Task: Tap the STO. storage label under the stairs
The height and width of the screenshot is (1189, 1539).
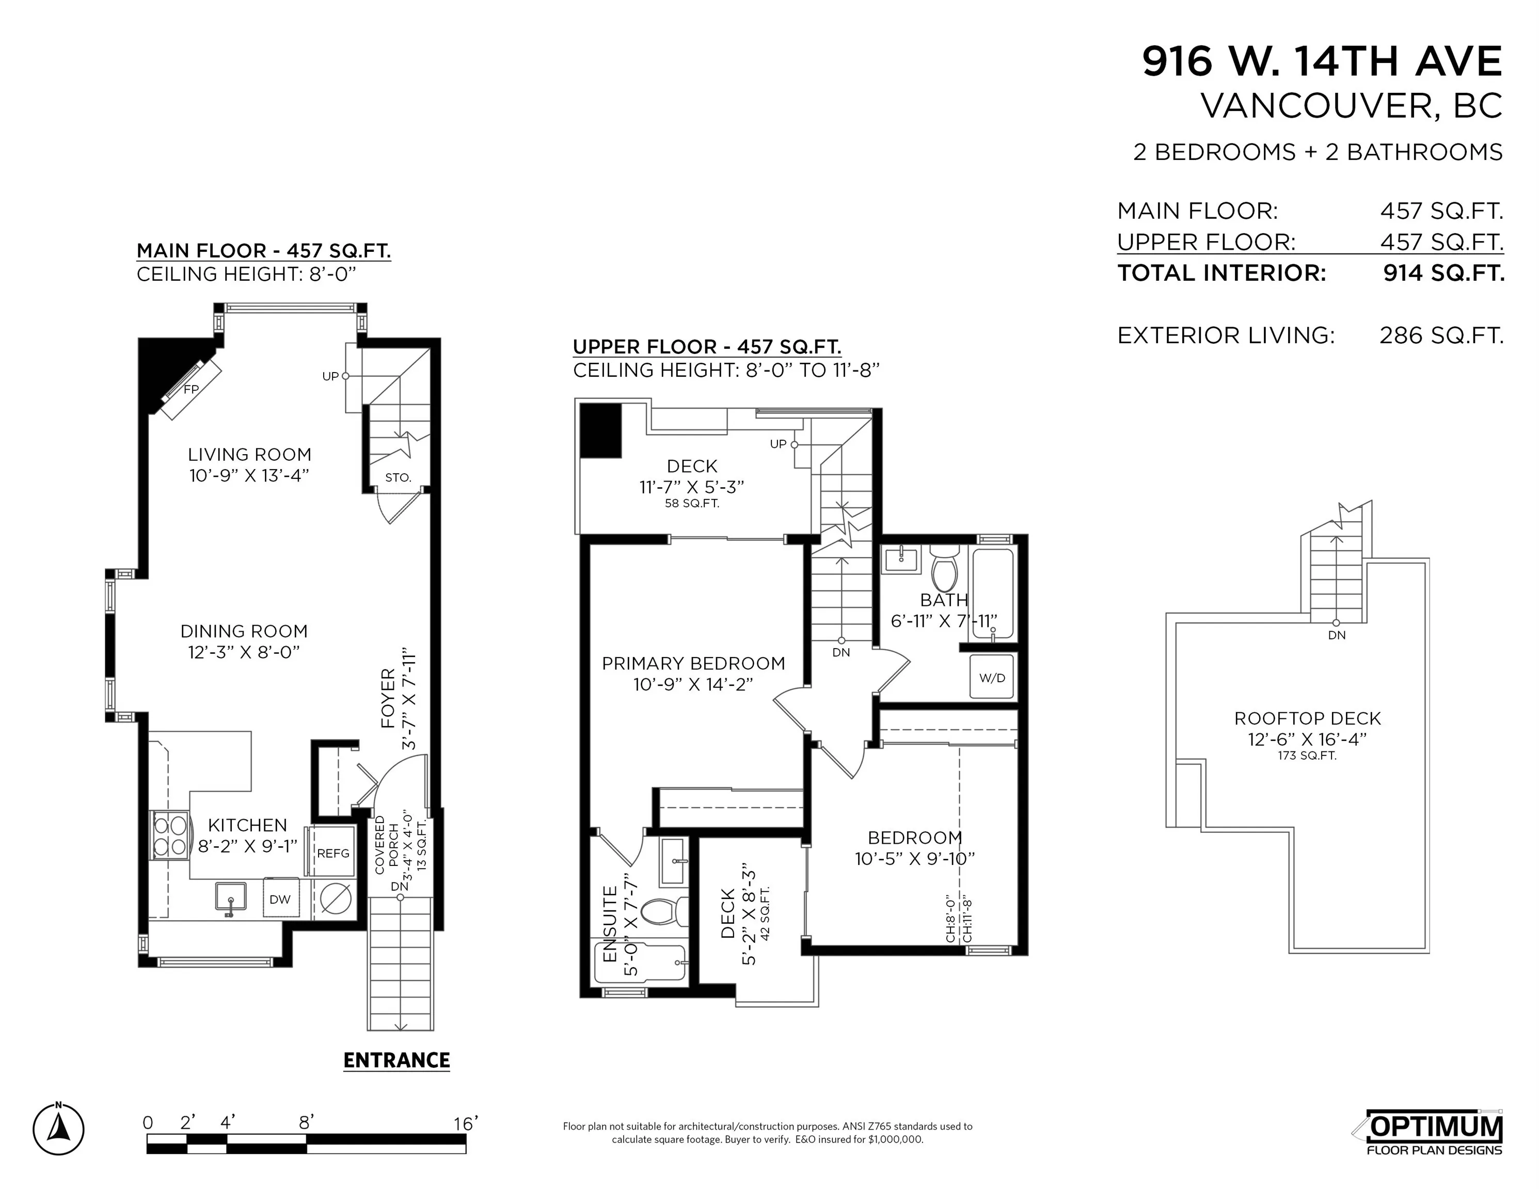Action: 398,477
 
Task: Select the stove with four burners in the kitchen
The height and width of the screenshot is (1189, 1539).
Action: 170,835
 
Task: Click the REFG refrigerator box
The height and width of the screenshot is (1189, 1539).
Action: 332,853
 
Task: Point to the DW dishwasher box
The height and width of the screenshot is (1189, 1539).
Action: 280,899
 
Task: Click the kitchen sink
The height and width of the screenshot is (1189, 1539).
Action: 230,898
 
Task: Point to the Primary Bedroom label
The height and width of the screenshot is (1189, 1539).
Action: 693,664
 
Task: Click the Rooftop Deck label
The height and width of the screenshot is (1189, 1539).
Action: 1307,718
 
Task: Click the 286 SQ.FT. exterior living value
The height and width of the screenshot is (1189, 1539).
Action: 1441,335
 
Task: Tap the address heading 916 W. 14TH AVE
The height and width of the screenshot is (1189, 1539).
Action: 1322,61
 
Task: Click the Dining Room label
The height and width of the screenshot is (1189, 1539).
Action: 244,631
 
